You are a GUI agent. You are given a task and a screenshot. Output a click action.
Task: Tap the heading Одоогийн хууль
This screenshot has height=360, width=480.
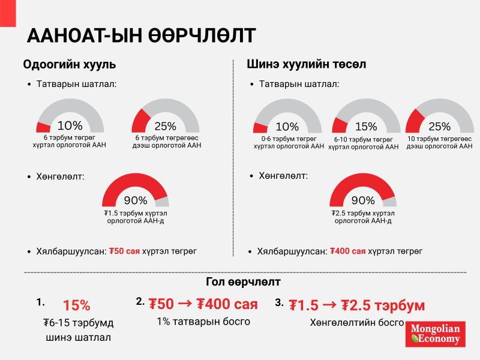(x=70, y=64)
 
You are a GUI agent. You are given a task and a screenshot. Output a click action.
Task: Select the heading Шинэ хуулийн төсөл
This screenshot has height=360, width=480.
(x=307, y=64)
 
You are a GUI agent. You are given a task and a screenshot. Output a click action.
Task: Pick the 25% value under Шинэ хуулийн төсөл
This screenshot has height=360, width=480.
(x=439, y=127)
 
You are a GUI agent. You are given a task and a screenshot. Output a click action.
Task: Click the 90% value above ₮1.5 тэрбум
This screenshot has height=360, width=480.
(x=136, y=200)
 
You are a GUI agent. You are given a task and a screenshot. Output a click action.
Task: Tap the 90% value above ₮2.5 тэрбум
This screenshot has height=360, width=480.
(x=362, y=200)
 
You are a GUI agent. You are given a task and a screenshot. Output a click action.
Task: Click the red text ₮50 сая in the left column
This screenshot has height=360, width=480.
(x=125, y=251)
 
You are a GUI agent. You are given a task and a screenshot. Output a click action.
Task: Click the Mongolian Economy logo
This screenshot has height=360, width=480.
(x=435, y=334)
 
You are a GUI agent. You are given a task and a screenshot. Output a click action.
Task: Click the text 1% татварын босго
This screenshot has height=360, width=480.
(x=203, y=322)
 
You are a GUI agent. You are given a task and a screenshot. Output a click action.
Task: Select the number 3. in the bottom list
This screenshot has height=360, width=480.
(x=279, y=302)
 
